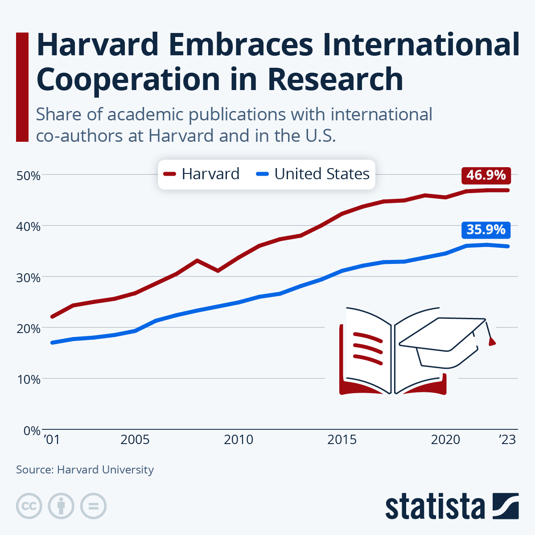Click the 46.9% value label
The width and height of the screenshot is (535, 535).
[x=486, y=175]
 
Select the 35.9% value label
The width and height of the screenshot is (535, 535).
[x=486, y=230]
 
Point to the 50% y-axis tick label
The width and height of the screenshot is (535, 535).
[x=29, y=176]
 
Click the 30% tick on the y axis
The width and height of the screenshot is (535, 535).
[x=29, y=278]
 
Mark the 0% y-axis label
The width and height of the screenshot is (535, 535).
[x=32, y=431]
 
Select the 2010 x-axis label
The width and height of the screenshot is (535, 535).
[x=239, y=440]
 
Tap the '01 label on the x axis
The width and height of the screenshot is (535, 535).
[x=52, y=440]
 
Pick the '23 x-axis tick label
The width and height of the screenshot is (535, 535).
[x=507, y=440]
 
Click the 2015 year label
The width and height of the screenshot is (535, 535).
[x=342, y=440]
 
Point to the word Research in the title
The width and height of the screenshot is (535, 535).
[x=335, y=79]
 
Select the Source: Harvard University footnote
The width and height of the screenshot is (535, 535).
[x=85, y=470]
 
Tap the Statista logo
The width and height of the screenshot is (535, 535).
[x=452, y=506]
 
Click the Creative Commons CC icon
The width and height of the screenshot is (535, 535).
[x=29, y=506]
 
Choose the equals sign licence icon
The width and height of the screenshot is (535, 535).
[x=93, y=506]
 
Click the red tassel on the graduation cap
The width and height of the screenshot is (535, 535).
[x=492, y=342]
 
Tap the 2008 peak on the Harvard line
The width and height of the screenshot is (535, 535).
[x=197, y=260]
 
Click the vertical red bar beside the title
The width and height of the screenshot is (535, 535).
[x=22, y=87]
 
